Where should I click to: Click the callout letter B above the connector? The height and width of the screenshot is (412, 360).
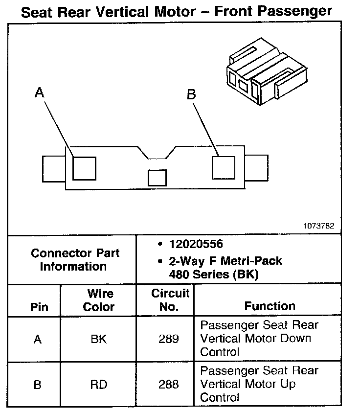click(x=191, y=94)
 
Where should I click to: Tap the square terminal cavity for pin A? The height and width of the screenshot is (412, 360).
click(x=84, y=168)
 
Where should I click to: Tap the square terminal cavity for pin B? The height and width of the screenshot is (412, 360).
click(x=224, y=167)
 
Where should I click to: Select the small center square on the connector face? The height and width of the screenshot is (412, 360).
click(x=157, y=177)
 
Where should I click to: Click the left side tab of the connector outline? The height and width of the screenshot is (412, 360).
click(x=53, y=169)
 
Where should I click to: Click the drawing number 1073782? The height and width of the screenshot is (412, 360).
click(x=318, y=226)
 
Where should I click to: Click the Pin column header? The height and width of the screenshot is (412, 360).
click(x=39, y=307)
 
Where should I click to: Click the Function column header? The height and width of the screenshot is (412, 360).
click(x=270, y=306)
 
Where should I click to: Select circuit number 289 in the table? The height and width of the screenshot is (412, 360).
click(x=169, y=339)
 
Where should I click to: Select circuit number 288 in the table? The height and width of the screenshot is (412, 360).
click(x=169, y=385)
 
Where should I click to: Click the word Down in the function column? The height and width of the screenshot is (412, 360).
click(x=296, y=339)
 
